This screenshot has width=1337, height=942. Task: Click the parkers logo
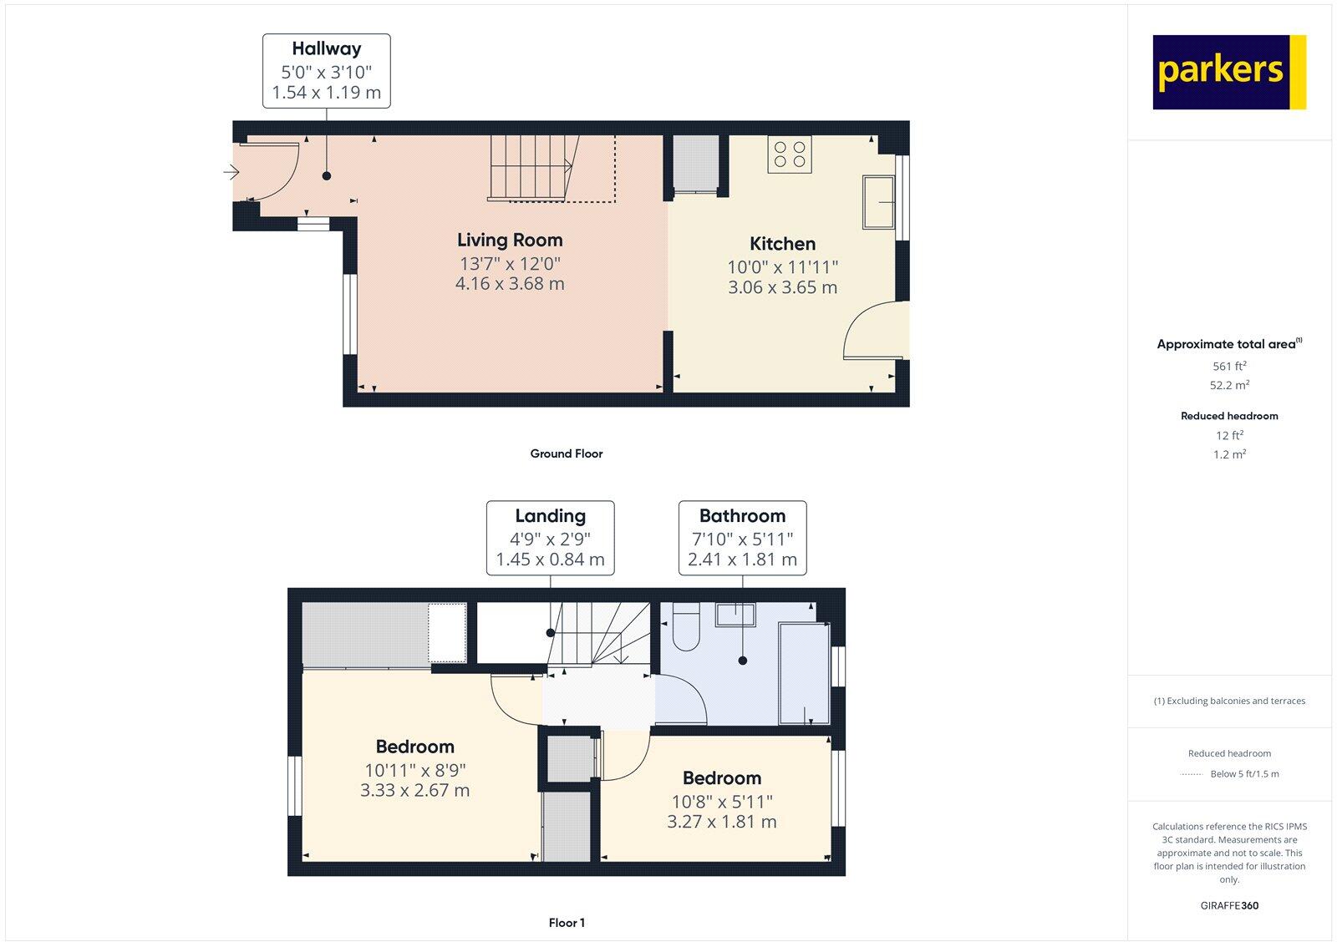tap(1228, 72)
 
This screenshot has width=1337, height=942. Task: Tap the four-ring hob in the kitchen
tap(790, 154)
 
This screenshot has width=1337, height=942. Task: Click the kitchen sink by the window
tap(879, 201)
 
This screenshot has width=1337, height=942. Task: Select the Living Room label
tap(510, 241)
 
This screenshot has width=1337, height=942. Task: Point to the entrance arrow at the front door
tap(231, 173)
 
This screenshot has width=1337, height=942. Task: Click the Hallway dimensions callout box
tap(326, 71)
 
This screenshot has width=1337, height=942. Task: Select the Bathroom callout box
tap(742, 538)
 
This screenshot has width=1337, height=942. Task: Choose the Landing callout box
tap(550, 538)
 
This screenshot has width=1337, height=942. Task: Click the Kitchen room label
tap(782, 244)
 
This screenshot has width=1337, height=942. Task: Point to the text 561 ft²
tap(1229, 366)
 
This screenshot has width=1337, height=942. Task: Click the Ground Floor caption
tap(566, 453)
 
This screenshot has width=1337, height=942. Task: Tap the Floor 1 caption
tap(566, 923)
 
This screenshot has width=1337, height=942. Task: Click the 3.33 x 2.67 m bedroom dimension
tap(414, 790)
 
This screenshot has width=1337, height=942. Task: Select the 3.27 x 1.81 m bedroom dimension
tap(721, 822)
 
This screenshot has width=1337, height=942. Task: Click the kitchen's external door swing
tap(873, 332)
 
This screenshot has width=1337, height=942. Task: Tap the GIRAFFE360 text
tap(1229, 905)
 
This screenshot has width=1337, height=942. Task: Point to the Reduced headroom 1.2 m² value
tap(1229, 454)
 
